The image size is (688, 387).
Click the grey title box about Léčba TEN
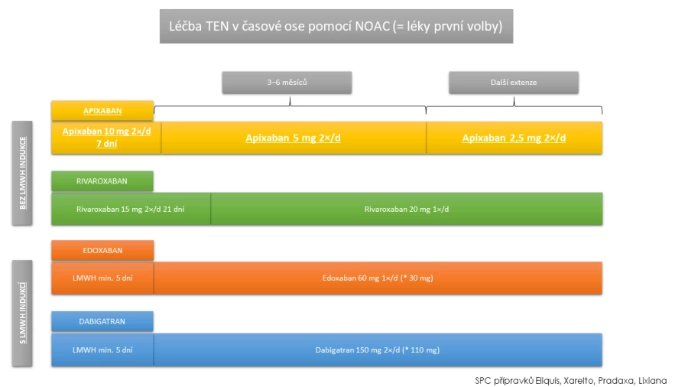point(336,26)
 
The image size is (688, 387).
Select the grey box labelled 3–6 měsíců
point(287,83)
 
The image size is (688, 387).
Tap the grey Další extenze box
point(514,83)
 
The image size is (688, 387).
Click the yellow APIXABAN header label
point(102,111)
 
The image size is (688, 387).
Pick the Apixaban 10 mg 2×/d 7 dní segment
point(106,138)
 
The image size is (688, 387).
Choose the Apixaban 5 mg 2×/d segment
point(294,138)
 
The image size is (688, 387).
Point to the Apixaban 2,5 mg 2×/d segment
point(514,138)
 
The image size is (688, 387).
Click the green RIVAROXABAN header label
point(102,181)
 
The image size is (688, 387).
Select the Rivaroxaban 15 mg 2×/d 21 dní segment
point(131,209)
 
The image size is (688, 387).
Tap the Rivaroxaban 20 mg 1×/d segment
point(407,209)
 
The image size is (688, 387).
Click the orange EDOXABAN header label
point(102,251)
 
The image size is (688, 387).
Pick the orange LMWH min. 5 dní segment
point(102,278)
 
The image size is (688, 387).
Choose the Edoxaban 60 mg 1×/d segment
point(378,278)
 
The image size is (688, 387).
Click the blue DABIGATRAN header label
point(102,321)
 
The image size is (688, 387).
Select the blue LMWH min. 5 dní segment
point(102,350)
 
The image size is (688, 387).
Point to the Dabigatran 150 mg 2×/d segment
point(378,350)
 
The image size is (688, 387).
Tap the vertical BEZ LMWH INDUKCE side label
point(22,173)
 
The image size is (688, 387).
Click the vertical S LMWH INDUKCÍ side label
point(22,314)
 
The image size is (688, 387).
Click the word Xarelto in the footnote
point(579,380)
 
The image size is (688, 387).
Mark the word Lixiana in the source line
point(653,380)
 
